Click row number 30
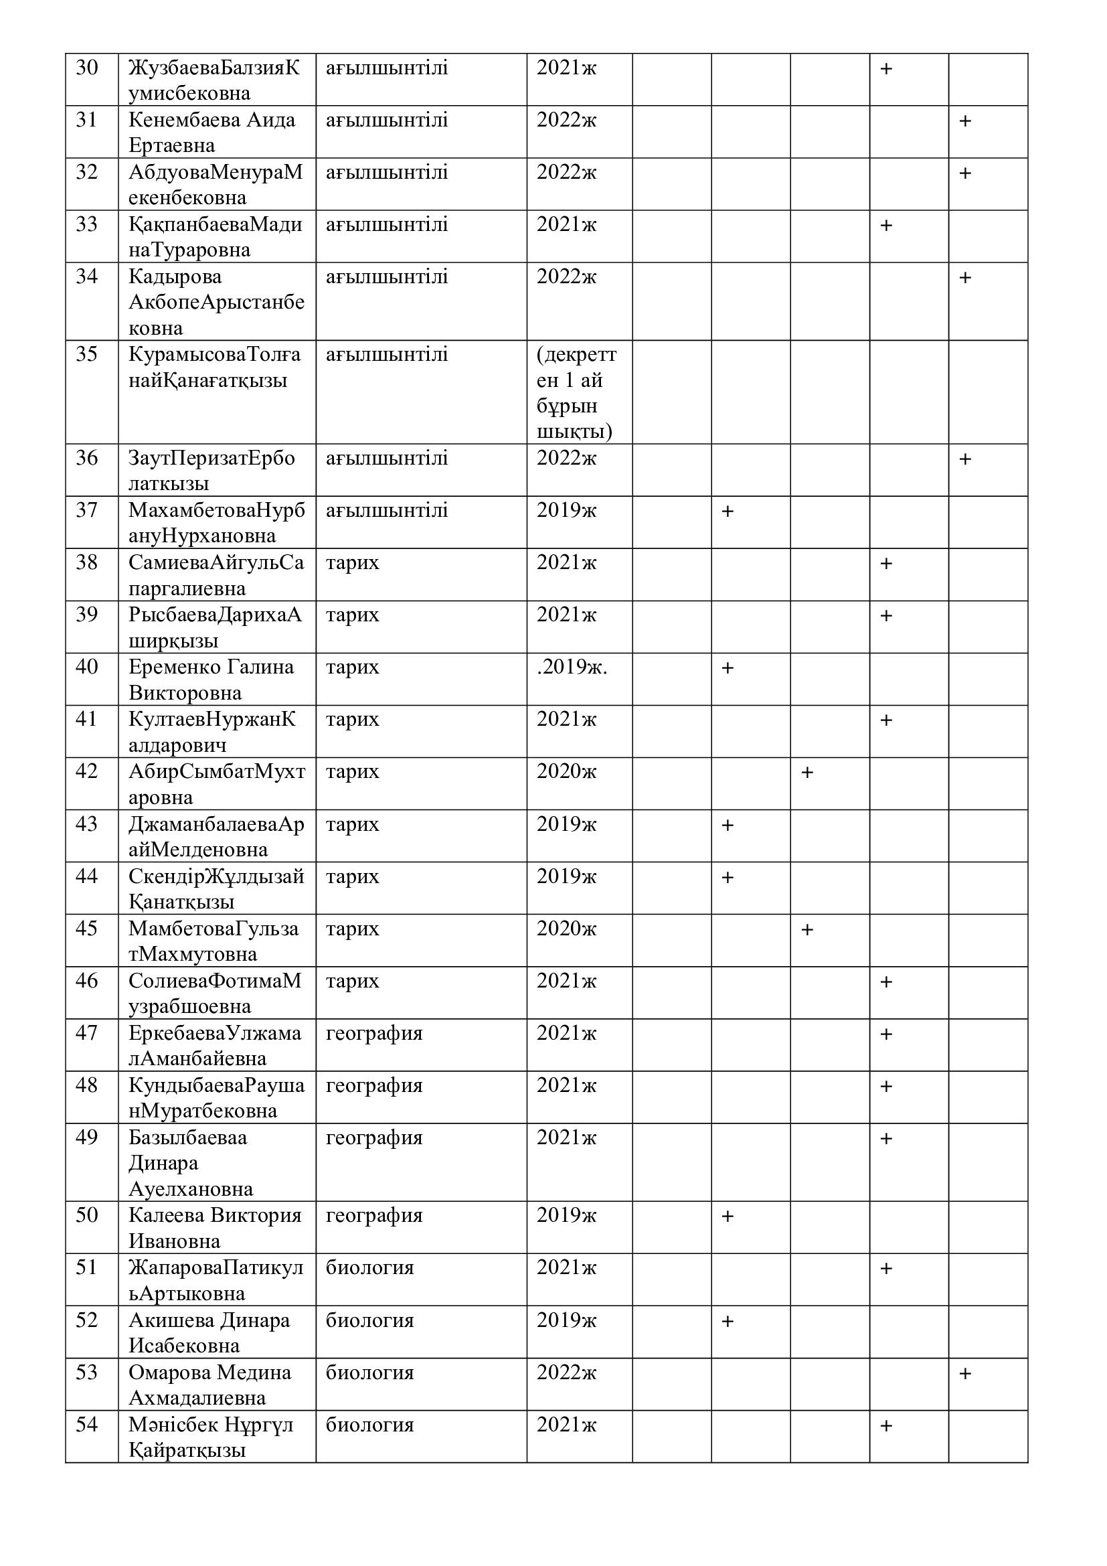pos(86,68)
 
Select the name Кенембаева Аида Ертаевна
pos(212,133)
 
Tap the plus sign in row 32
pos(964,173)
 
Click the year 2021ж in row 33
pos(566,224)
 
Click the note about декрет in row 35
pos(576,392)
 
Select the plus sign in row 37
pos(728,511)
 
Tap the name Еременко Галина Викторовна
pos(211,680)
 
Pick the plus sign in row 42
pos(807,772)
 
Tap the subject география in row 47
pos(374,1033)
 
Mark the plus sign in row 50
pos(728,1216)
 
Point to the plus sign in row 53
pos(964,1374)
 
